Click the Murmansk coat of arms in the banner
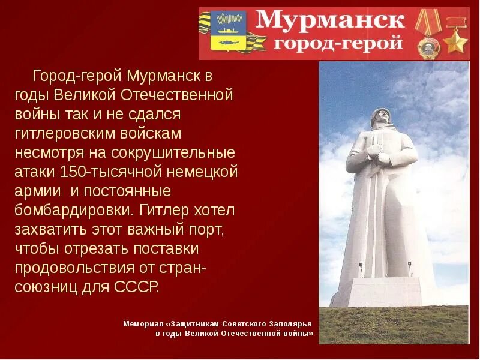pos(230,32)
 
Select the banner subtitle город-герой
pos(338,44)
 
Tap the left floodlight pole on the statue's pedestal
pos(361,270)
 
